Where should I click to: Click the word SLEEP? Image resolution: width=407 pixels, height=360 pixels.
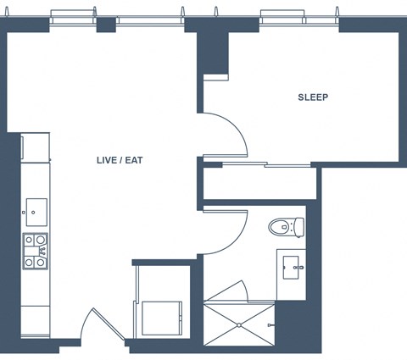(313, 97)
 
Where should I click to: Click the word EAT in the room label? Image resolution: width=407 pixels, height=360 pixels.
(134, 160)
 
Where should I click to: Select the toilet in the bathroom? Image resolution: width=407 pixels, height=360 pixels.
(286, 227)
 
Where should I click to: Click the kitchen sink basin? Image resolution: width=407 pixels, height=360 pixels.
(36, 212)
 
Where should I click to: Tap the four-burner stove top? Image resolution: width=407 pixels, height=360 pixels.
(35, 252)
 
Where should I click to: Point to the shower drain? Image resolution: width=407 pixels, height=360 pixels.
(239, 325)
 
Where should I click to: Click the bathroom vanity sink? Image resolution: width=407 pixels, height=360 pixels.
(291, 268)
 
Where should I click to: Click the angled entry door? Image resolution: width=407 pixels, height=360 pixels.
(109, 324)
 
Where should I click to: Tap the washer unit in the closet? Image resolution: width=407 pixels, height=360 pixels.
(162, 318)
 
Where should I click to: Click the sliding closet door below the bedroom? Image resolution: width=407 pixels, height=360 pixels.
(266, 164)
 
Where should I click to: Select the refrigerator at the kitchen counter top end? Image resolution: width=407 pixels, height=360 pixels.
(35, 147)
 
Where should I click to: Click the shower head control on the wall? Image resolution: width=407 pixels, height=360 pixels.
(270, 325)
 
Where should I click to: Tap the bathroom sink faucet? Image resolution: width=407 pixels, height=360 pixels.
(298, 268)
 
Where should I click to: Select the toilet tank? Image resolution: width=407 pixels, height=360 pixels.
(299, 227)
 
